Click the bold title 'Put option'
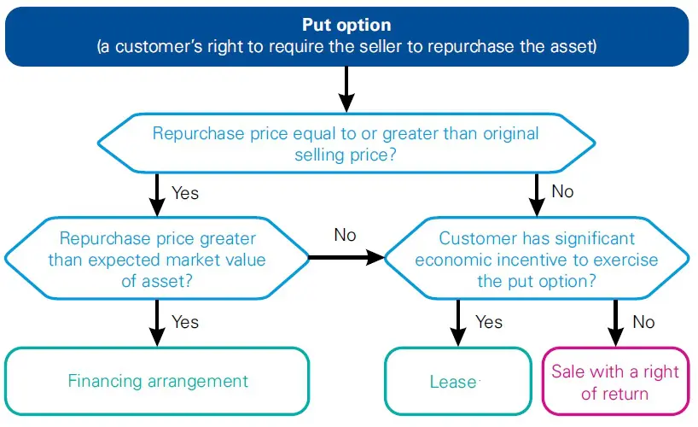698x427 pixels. pos(346,26)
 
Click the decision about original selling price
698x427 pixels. pos(346,144)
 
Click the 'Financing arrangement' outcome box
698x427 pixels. pos(158,381)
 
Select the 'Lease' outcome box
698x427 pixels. pos(453,382)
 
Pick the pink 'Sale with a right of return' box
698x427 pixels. pos(614,382)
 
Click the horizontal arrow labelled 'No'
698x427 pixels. pos(345,256)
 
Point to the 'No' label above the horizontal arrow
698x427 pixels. pos(345,235)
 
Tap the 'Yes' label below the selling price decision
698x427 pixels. pos(185,193)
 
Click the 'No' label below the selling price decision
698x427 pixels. pos(562,191)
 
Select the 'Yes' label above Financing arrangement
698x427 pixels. pos(185,322)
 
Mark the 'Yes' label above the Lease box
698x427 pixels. pos(489,322)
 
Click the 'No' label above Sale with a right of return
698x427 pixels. pos(643,322)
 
